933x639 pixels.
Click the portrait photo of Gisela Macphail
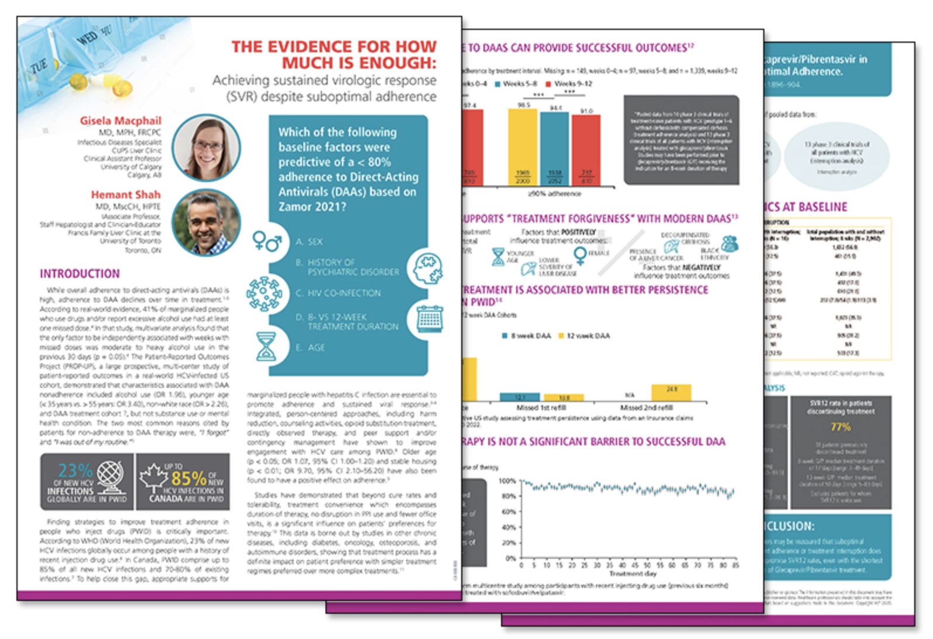[206, 147]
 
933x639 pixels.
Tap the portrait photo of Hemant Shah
[206, 222]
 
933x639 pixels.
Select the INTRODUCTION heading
[80, 274]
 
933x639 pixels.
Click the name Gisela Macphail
[121, 121]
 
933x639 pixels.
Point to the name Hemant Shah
[125, 195]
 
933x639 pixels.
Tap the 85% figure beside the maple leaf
[188, 477]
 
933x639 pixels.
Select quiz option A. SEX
[309, 242]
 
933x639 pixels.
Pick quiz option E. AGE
[310, 348]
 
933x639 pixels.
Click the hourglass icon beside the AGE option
[266, 346]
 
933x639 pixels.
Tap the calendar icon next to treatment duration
[430, 319]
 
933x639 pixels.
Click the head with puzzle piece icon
[427, 269]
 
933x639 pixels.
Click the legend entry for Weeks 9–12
[568, 84]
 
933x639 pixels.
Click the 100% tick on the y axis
[507, 481]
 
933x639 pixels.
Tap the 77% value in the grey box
[841, 427]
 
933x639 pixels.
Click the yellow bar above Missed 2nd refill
[671, 393]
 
